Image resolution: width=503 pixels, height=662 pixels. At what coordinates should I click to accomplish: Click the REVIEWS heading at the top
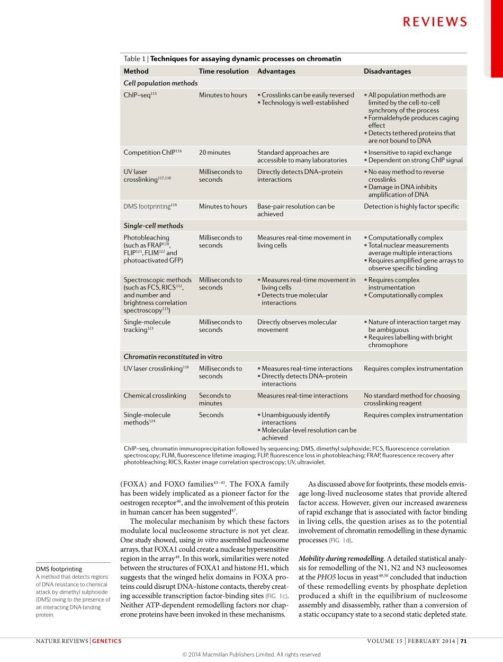tap(435, 22)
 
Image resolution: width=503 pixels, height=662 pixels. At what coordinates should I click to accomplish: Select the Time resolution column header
tap(223, 71)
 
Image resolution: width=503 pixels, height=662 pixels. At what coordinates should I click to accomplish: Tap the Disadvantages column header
tap(387, 71)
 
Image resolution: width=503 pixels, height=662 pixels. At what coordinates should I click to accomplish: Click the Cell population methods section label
tap(160, 83)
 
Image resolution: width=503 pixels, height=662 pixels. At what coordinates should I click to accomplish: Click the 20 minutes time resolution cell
tap(214, 153)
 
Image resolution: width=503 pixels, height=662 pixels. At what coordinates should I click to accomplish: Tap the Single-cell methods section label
tap(153, 226)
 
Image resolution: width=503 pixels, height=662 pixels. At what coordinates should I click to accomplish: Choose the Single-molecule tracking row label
tap(147, 326)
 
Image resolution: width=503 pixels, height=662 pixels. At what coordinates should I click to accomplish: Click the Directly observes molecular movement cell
tap(297, 326)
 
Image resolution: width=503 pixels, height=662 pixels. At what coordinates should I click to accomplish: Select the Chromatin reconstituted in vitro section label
tap(173, 357)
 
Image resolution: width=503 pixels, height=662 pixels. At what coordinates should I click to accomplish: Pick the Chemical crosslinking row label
tap(155, 395)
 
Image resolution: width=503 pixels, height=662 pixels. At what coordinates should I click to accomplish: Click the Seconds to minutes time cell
tap(214, 399)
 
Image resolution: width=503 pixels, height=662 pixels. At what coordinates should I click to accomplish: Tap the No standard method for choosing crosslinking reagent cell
tap(411, 399)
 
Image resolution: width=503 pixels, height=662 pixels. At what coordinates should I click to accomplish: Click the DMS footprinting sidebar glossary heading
tap(59, 569)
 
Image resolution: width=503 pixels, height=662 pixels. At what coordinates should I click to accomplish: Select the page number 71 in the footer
tap(463, 641)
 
